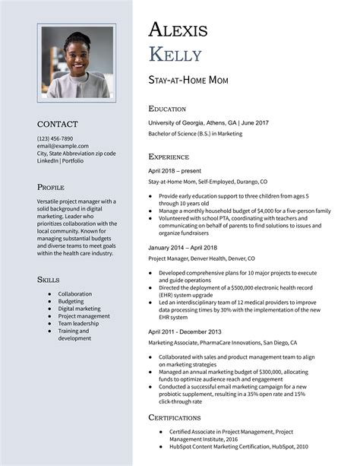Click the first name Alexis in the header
click(178, 30)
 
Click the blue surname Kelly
click(175, 55)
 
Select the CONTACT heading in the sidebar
click(58, 124)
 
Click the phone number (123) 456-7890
click(55, 138)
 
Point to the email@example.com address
click(63, 146)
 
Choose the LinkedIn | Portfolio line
click(60, 160)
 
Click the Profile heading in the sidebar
click(51, 187)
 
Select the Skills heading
click(49, 280)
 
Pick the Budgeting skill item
click(71, 301)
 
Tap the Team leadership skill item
click(79, 323)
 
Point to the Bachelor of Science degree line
click(195, 134)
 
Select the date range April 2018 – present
click(174, 170)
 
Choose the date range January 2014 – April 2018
click(182, 248)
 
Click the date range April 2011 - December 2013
click(185, 331)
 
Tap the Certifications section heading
click(175, 417)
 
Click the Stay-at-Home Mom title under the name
click(188, 81)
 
